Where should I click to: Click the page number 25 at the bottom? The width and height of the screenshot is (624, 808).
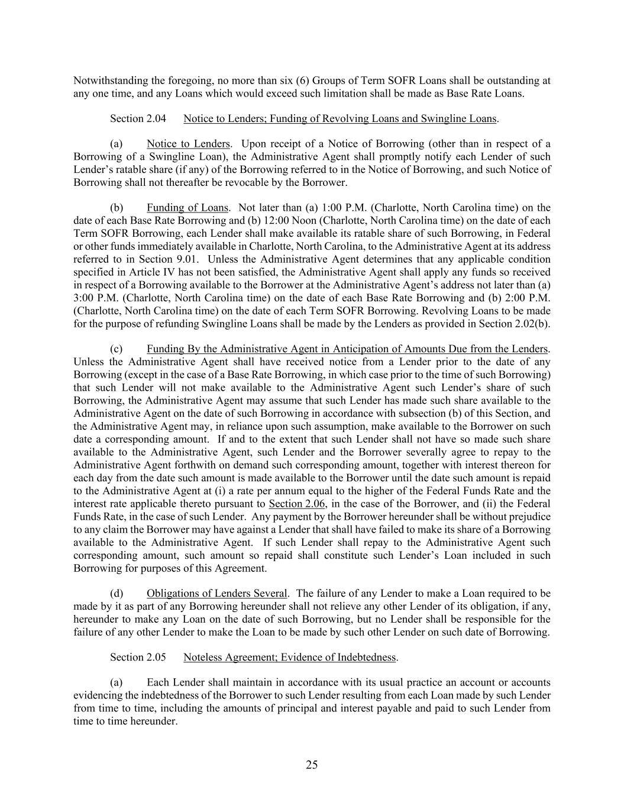click(x=312, y=765)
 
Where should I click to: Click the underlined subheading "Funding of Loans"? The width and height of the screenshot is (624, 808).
click(x=187, y=208)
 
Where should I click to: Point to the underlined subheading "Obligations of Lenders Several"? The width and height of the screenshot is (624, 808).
click(x=217, y=593)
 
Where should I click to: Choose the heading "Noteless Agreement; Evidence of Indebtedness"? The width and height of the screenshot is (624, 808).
click(x=290, y=657)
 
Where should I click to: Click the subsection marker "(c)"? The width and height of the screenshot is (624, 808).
click(x=117, y=349)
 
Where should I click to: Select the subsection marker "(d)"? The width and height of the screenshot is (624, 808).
click(x=117, y=593)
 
